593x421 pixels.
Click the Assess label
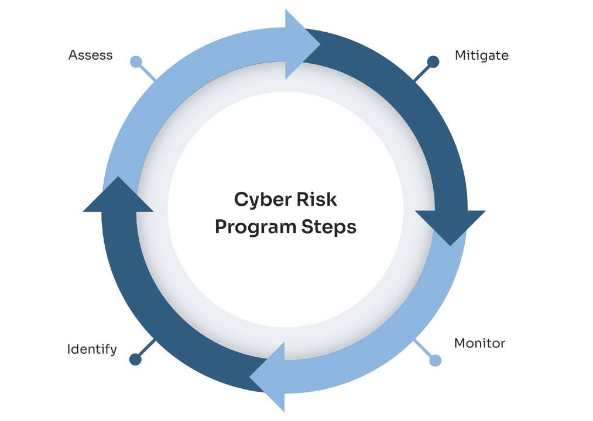point(90,56)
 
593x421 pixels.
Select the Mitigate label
point(481,56)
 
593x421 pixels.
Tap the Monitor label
point(479,343)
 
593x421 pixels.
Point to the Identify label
point(92,350)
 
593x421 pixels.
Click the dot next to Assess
point(136,61)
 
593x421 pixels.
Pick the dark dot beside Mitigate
point(433,61)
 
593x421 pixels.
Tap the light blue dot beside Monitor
point(435,360)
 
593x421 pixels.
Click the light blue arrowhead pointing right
point(301,44)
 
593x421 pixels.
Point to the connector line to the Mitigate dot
point(421,73)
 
